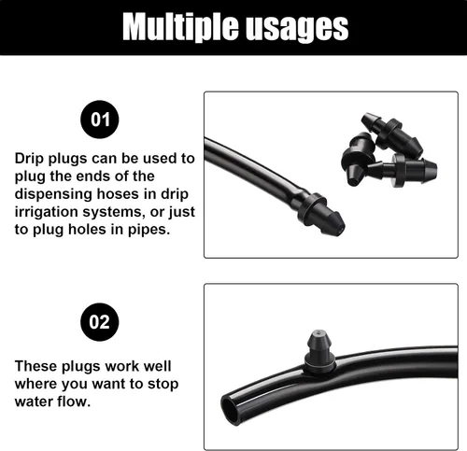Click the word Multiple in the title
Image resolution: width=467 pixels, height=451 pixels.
click(x=180, y=27)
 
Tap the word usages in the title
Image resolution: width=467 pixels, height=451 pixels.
click(x=297, y=29)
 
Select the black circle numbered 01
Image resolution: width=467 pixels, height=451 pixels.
click(x=100, y=120)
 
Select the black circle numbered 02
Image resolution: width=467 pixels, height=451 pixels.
click(x=100, y=322)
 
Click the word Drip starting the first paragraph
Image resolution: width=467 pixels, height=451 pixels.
click(x=29, y=159)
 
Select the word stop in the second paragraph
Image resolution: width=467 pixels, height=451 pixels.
click(x=163, y=385)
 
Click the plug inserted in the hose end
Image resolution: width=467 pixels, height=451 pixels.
click(x=320, y=214)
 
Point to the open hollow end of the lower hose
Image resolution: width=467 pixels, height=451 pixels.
click(x=230, y=409)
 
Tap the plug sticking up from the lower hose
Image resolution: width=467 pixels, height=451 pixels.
click(x=319, y=351)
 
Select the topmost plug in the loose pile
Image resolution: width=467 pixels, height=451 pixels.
click(x=391, y=134)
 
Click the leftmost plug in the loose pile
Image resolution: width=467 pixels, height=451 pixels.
click(x=358, y=158)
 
